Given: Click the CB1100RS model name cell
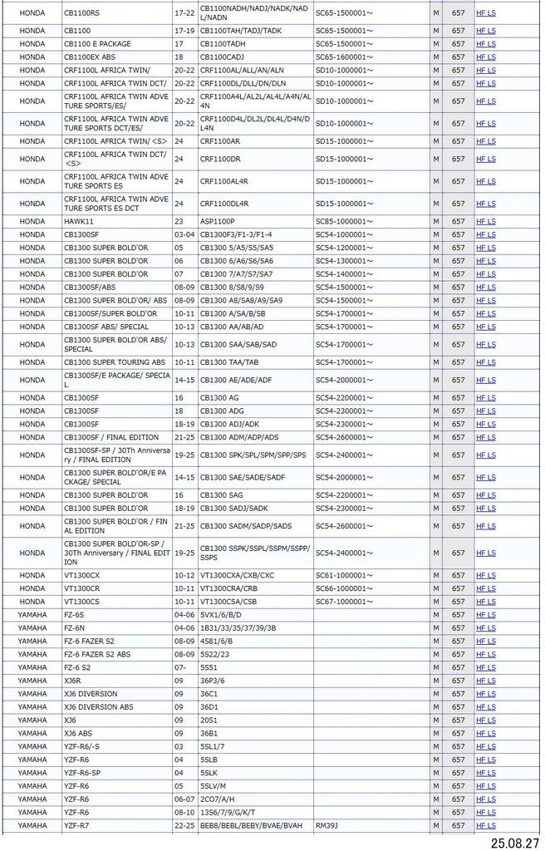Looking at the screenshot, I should point(81,13).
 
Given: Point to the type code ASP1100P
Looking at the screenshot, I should point(218,222).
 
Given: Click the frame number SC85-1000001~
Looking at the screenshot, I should point(345,222).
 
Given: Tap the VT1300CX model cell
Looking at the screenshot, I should point(81,575).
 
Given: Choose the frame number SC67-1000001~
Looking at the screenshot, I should point(345,602).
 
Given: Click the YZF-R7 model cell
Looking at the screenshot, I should point(76,825).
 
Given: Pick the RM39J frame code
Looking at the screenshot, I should point(327,825).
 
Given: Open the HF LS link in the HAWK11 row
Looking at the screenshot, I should point(486,222).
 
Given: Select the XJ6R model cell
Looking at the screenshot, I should point(74,681).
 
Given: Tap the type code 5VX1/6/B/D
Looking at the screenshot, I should point(221,615).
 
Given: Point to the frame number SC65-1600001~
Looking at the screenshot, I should point(345,57).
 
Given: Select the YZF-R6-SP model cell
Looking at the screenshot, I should point(82,773).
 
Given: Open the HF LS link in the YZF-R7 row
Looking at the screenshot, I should point(486,825).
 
